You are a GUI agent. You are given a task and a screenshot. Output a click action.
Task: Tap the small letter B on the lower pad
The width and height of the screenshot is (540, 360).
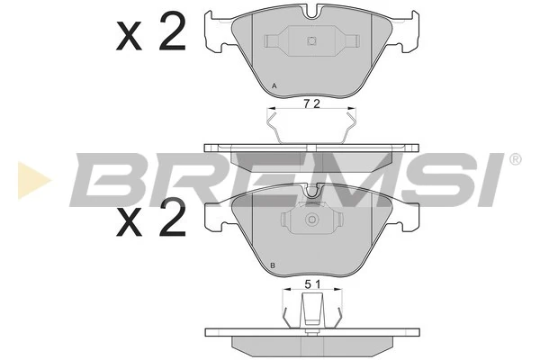click(273, 265)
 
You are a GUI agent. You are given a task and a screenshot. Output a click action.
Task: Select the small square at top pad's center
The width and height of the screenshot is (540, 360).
click(311, 40)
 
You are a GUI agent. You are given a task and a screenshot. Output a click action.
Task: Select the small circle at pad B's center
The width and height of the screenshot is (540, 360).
click(311, 220)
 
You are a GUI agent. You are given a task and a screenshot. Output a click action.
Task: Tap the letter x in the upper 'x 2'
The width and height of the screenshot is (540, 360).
click(131, 38)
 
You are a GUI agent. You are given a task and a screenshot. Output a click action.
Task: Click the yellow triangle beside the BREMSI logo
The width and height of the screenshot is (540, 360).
click(31, 179)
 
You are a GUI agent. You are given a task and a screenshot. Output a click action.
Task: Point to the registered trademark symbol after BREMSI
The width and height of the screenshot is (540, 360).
click(515, 160)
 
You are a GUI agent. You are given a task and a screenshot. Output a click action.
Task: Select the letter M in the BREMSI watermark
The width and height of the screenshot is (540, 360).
click(328, 179)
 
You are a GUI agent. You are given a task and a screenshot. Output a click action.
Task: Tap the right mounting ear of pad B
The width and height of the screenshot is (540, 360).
click(409, 214)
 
